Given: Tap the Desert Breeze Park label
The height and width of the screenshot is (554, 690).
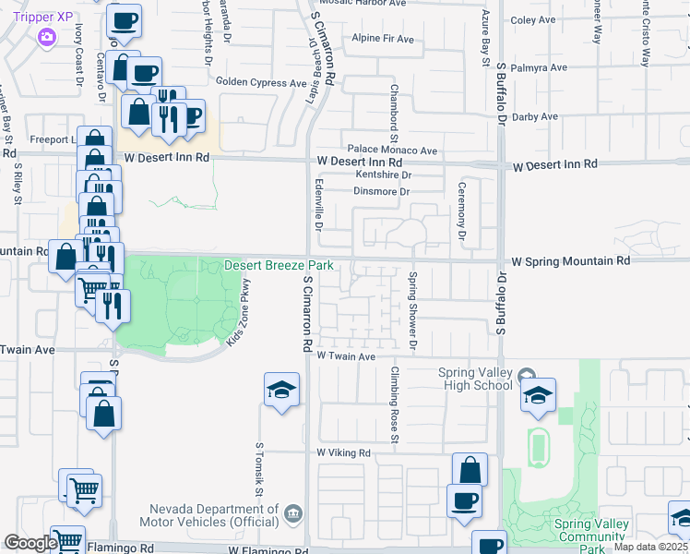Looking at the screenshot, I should click(279, 266).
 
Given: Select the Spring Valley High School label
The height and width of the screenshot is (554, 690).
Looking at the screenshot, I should click(474, 379).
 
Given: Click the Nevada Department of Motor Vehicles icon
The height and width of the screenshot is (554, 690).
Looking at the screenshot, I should click(293, 512).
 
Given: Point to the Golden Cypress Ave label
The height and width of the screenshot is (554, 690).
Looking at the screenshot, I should click(261, 82).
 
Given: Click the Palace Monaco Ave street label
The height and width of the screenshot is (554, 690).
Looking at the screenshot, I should click(392, 150).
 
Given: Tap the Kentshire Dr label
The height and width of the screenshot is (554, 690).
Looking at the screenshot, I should click(383, 174).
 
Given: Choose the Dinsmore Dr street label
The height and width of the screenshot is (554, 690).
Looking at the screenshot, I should click(381, 192).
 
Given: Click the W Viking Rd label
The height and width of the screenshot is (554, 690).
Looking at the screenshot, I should click(343, 453).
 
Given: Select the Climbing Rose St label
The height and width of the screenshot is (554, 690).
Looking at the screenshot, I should click(394, 404).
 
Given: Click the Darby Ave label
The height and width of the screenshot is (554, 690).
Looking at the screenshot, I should click(536, 117).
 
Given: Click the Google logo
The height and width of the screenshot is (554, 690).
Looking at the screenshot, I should click(30, 543).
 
